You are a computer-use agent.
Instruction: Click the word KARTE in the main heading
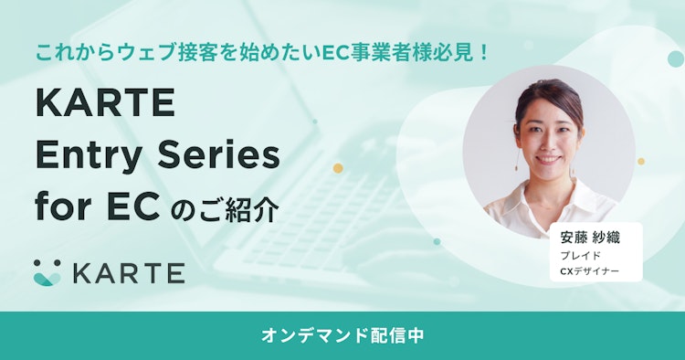point(105,103)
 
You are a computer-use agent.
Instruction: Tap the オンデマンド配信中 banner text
point(342,334)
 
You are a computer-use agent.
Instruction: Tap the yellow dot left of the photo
point(338,167)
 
